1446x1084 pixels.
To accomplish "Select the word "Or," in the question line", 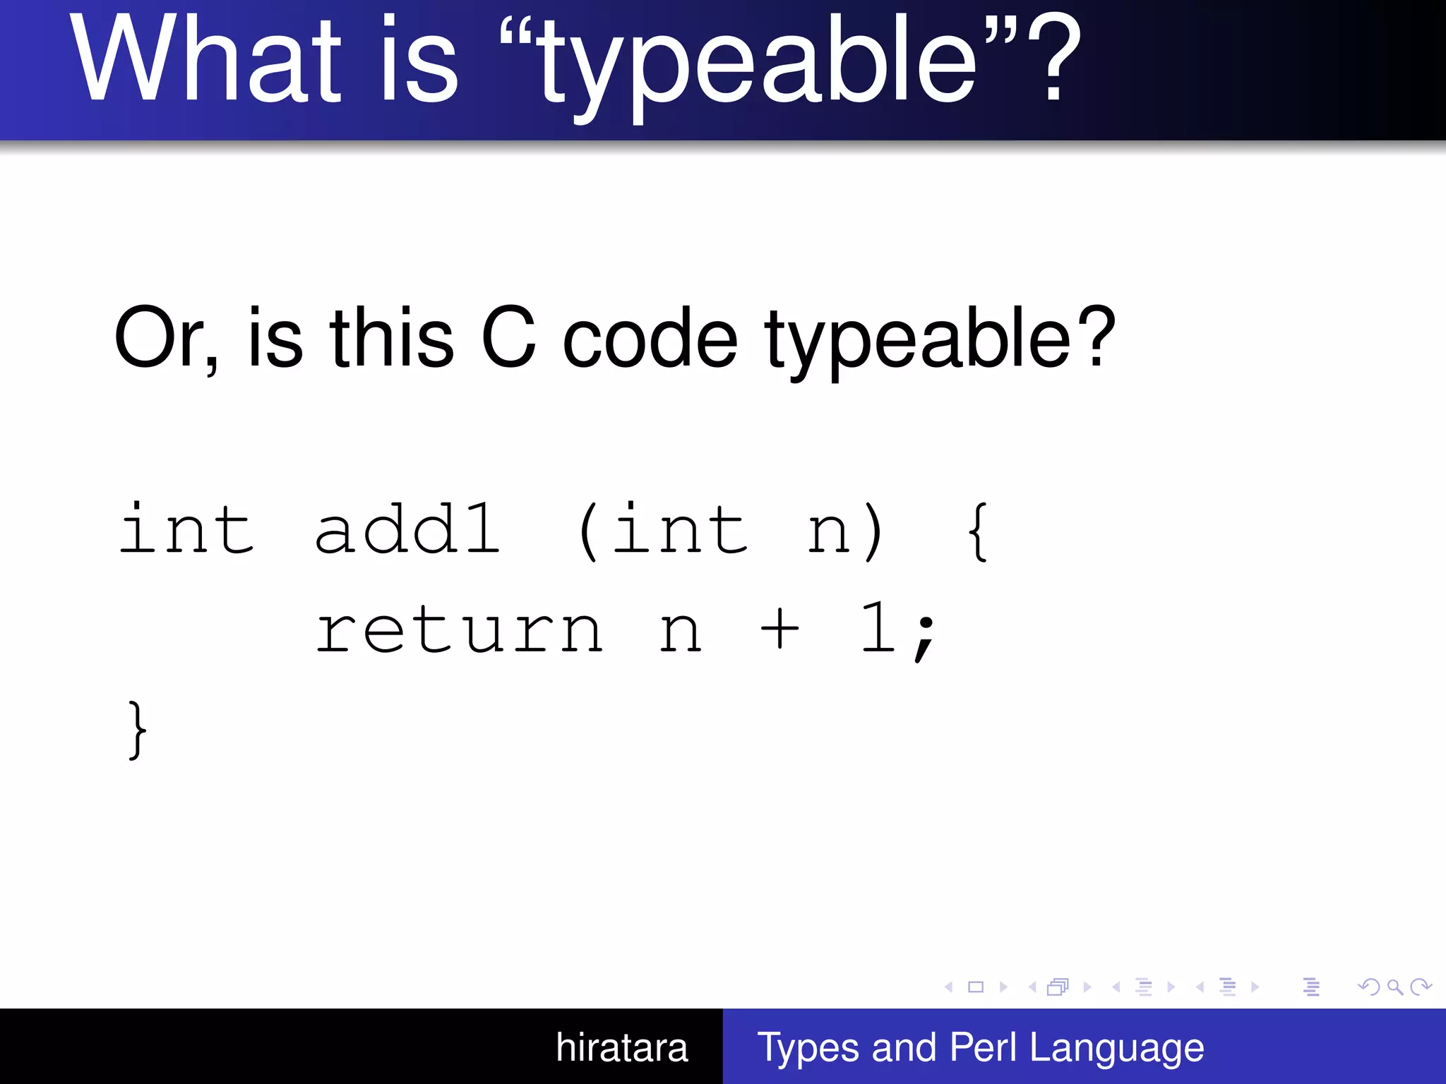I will tap(167, 339).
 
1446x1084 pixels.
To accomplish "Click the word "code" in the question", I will tap(650, 339).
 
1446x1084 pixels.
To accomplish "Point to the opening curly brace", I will tap(977, 531).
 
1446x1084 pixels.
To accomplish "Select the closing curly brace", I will tap(138, 730).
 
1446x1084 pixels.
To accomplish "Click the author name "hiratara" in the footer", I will tap(621, 1047).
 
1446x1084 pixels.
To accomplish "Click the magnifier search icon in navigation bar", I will tap(1394, 987).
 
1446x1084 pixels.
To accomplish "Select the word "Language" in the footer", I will tap(1116, 1047).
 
